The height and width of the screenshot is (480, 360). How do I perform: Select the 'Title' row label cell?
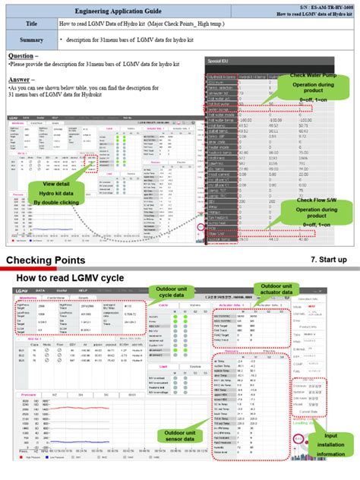pyautogui.click(x=31, y=24)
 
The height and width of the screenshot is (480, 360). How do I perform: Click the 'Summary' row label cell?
pyautogui.click(x=31, y=39)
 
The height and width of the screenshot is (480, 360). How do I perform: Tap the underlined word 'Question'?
pyautogui.click(x=22, y=56)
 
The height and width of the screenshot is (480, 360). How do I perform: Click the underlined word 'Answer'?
pyautogui.click(x=21, y=79)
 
